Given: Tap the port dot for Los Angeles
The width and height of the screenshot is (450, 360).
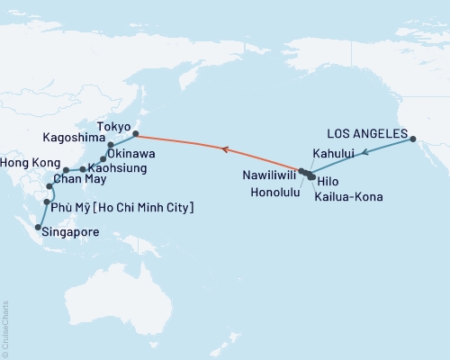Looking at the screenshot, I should pyautogui.click(x=413, y=139).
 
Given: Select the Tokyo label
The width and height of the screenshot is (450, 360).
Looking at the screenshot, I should pyautogui.click(x=112, y=127).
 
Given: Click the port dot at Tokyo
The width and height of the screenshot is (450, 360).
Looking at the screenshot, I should pyautogui.click(x=136, y=135).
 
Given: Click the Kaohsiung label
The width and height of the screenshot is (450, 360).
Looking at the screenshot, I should pyautogui.click(x=119, y=168).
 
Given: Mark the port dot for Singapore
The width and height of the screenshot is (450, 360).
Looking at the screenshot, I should pyautogui.click(x=37, y=228).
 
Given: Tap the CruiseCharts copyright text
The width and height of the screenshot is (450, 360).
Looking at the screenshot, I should pyautogui.click(x=5, y=328).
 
